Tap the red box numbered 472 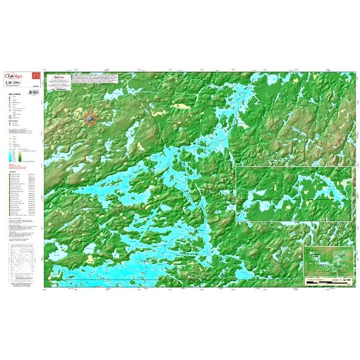click(37, 76)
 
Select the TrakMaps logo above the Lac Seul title click(19, 76)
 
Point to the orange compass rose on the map click(91, 119)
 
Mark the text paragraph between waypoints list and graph click(22, 230)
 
